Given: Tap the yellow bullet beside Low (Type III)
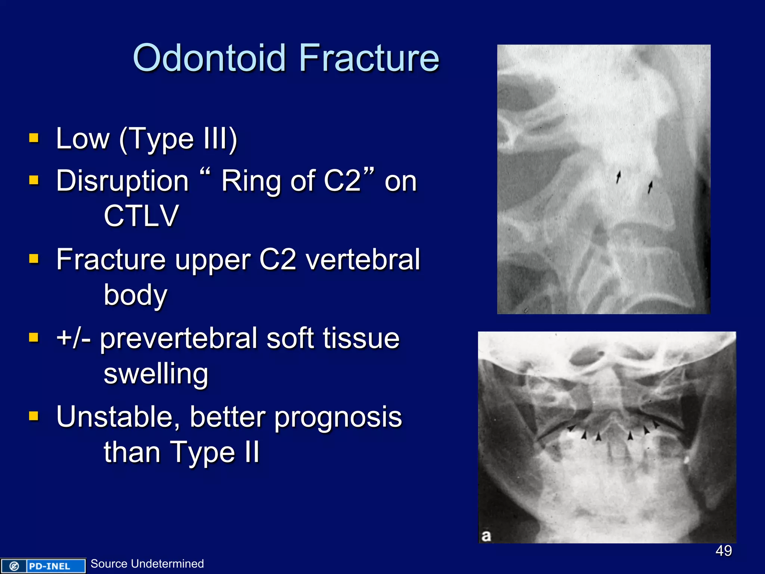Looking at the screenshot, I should [x=34, y=138].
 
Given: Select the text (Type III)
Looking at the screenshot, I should [x=178, y=139].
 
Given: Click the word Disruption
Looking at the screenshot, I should [x=123, y=181].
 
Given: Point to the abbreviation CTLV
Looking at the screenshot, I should [x=141, y=216].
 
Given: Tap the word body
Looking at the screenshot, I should [x=135, y=295].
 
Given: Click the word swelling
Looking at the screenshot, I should [x=156, y=374].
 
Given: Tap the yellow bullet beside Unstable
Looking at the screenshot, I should [x=34, y=416].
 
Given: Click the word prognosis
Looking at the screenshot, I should [x=338, y=417].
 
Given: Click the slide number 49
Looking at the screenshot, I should [x=724, y=551].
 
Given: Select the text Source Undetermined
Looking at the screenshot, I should [x=147, y=564].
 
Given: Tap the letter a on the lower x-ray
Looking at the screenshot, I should [x=486, y=536].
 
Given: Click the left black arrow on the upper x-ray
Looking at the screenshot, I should [x=618, y=177].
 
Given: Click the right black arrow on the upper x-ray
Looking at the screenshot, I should [x=650, y=187].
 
